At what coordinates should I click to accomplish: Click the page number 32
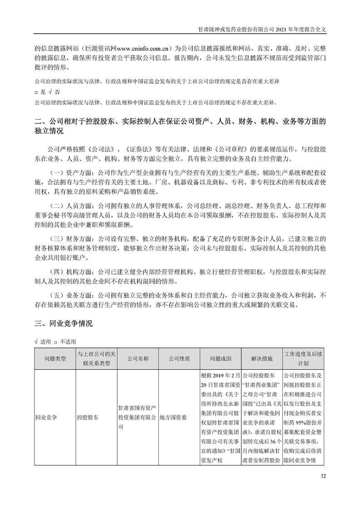(323, 476)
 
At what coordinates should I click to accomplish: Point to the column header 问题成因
(221, 358)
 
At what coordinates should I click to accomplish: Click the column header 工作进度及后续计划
(303, 358)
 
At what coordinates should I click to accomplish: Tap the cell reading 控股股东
(87, 415)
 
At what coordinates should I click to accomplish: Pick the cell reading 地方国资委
(173, 415)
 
